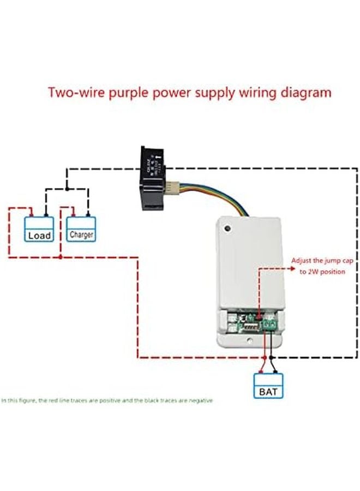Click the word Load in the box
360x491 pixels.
click(x=39, y=236)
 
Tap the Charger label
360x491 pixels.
click(x=81, y=235)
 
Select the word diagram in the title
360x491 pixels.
click(x=305, y=92)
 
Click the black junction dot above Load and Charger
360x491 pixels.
click(x=67, y=189)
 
